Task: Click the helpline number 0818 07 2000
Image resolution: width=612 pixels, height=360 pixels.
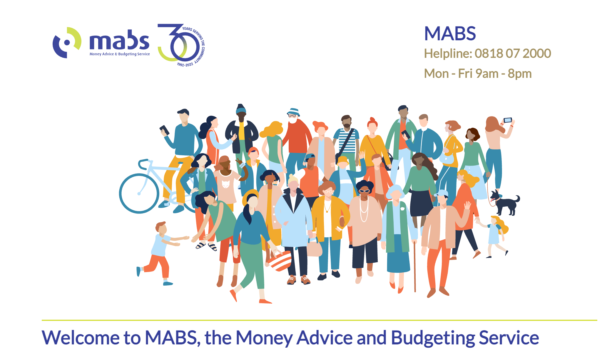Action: pyautogui.click(x=513, y=54)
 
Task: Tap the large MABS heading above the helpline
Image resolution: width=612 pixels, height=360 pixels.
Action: pyautogui.click(x=450, y=34)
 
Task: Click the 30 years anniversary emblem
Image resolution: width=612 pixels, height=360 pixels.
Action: pyautogui.click(x=181, y=45)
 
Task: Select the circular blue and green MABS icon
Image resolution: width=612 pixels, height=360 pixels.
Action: pyautogui.click(x=67, y=43)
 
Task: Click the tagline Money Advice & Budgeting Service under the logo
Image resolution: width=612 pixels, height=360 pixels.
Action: pyautogui.click(x=120, y=54)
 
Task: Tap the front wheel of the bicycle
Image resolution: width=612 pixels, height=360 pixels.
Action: pyautogui.click(x=139, y=193)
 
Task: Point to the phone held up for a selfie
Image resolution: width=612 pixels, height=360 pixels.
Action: pyautogui.click(x=508, y=120)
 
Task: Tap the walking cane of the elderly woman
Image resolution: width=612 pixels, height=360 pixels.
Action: pyautogui.click(x=414, y=266)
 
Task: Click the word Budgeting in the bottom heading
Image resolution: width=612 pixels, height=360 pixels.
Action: pyautogui.click(x=433, y=338)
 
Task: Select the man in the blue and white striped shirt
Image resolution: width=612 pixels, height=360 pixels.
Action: pyautogui.click(x=346, y=141)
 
